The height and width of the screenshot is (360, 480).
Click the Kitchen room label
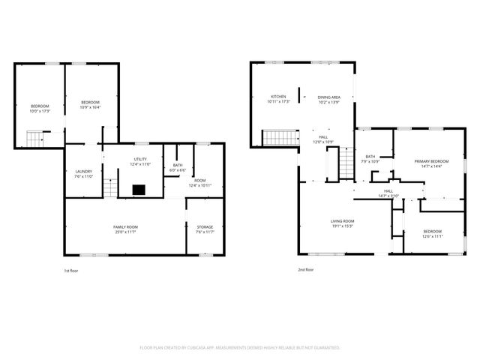[278, 97]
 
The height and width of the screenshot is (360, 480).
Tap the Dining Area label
[329, 97]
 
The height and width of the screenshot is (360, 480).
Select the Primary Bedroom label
[432, 161]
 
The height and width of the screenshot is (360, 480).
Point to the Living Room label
[343, 221]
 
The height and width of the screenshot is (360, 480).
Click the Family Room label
[125, 226]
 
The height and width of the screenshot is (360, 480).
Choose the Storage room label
[205, 226]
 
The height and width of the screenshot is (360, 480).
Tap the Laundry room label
[83, 172]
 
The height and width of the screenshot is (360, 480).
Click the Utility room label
[140, 159]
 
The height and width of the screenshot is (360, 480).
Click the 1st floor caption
[72, 270]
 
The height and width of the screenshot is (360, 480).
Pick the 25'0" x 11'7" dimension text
[125, 232]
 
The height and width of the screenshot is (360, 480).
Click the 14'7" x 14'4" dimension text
[432, 166]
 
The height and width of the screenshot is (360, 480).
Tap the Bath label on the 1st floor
[177, 165]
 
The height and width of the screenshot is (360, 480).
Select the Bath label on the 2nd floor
[370, 156]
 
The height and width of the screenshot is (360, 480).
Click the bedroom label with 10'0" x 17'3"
[40, 106]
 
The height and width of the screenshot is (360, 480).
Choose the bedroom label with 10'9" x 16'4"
[91, 102]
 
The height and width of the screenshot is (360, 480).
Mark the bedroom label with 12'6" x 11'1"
[433, 231]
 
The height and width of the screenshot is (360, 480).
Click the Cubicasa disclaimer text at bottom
[240, 348]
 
